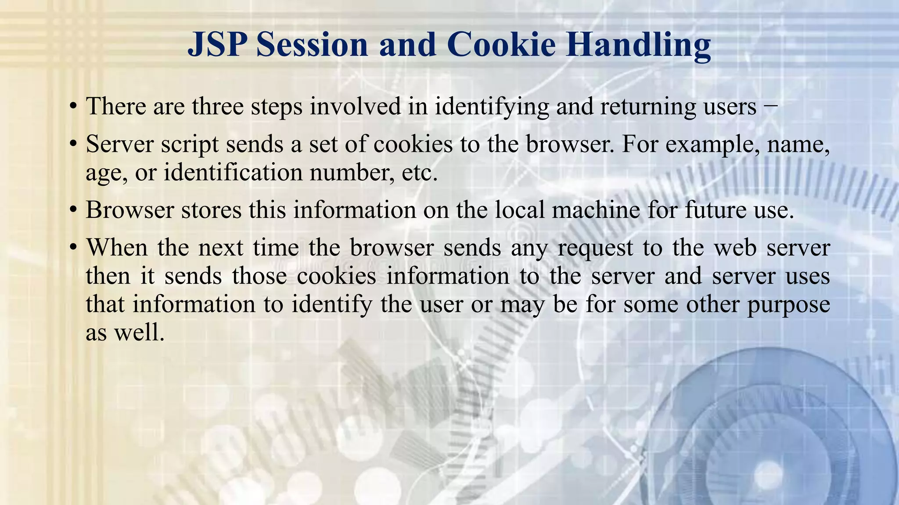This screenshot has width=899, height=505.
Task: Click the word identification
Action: [233, 172]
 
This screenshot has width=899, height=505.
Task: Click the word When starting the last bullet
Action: [117, 248]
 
